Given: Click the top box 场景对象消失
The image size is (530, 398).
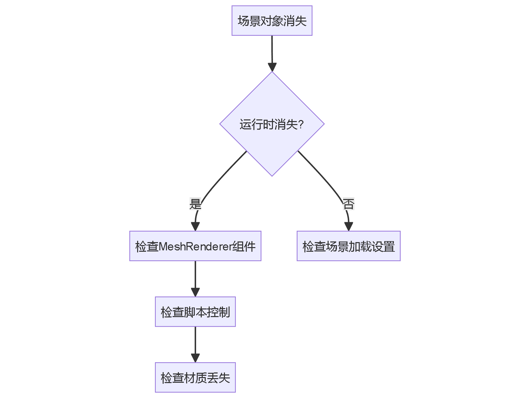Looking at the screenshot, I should (x=272, y=21).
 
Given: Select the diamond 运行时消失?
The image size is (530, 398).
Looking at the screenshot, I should (x=272, y=124).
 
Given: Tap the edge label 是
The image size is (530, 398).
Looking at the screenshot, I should (x=195, y=204).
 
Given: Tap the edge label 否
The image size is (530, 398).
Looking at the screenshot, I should (x=348, y=204).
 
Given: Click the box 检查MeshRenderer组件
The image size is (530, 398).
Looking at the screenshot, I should (x=195, y=246).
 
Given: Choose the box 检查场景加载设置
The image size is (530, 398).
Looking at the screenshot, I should (x=348, y=246).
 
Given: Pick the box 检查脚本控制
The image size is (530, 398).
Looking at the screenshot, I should (x=195, y=312).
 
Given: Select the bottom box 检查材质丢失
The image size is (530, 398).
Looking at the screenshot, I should (x=195, y=377).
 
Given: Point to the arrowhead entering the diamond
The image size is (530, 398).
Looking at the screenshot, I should (x=272, y=67).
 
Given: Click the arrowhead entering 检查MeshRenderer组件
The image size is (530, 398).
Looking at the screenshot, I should (x=195, y=226).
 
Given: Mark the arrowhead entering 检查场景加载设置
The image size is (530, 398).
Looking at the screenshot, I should (x=348, y=226).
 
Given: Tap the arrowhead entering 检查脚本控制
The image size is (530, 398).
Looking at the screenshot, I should (x=195, y=292).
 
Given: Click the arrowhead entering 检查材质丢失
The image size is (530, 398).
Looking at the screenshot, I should (x=195, y=358).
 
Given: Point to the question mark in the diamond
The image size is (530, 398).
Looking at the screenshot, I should (x=301, y=125).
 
